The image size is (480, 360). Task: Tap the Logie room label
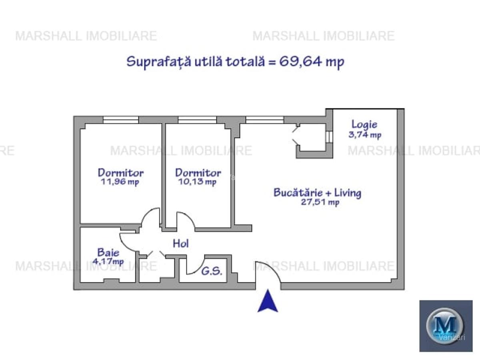[x=364, y=124]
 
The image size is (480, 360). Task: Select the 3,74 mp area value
[x=365, y=135]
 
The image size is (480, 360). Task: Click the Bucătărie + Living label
[x=317, y=193]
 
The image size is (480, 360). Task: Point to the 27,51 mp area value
[x=320, y=202]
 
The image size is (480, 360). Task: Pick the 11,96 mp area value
[x=120, y=182]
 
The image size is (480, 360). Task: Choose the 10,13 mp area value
[x=198, y=182]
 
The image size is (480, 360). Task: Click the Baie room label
[x=108, y=252]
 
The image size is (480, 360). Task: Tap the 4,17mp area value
[x=108, y=261]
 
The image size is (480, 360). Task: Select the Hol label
[x=181, y=244]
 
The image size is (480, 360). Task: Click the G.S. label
[x=212, y=271]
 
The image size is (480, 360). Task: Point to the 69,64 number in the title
[x=300, y=62]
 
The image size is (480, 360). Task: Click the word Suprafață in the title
[x=159, y=62]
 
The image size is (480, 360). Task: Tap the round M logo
[x=445, y=326]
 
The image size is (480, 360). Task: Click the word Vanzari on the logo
[x=452, y=337]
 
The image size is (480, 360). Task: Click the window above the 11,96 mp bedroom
[x=121, y=120]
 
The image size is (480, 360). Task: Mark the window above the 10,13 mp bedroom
[x=197, y=120]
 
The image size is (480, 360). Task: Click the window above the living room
[x=265, y=120]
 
